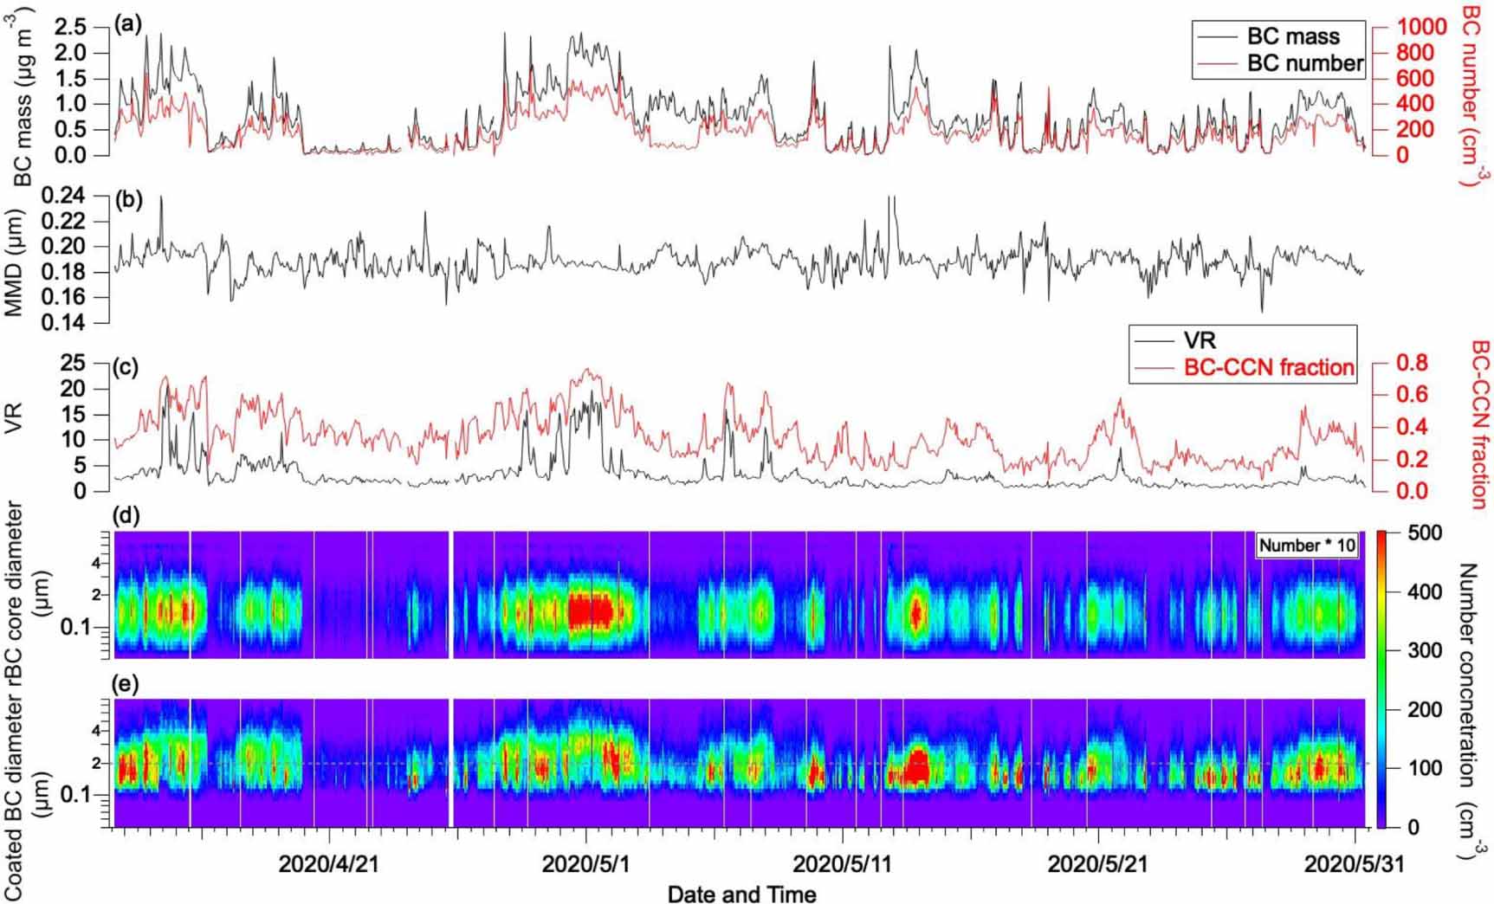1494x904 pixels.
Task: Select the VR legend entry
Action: tap(1200, 340)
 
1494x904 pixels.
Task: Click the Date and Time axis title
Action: tap(741, 893)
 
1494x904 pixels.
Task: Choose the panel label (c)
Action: tap(126, 366)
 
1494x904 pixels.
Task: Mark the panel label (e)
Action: tap(126, 685)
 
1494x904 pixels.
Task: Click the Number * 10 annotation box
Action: tap(1307, 545)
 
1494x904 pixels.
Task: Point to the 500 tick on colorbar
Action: tap(1426, 533)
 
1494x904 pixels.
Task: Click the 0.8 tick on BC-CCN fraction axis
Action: tap(1411, 363)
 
